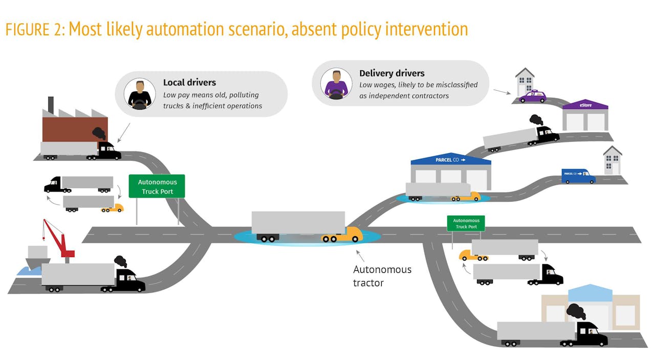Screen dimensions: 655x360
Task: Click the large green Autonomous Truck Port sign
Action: pyautogui.click(x=157, y=186)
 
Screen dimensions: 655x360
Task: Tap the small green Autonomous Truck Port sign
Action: pyautogui.click(x=466, y=223)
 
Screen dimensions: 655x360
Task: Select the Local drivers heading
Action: pyautogui.click(x=189, y=82)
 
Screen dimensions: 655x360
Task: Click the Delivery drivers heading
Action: pyautogui.click(x=392, y=73)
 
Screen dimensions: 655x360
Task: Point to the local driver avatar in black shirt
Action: pyautogui.click(x=140, y=94)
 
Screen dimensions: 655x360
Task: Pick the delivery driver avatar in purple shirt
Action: pyautogui.click(x=336, y=83)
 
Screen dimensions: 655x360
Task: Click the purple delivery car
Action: pyautogui.click(x=533, y=96)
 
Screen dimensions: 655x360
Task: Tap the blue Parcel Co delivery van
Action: pyautogui.click(x=578, y=176)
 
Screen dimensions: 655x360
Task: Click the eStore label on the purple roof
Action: pyautogui.click(x=585, y=105)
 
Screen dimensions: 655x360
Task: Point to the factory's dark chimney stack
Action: pyautogui.click(x=51, y=105)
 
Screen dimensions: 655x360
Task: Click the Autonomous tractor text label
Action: pyautogui.click(x=382, y=276)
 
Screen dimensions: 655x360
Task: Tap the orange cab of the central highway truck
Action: pyautogui.click(x=343, y=235)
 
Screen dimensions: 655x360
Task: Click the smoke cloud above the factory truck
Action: pyautogui.click(x=99, y=133)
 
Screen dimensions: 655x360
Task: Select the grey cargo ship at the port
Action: pyautogui.click(x=37, y=257)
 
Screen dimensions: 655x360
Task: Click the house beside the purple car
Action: pyautogui.click(x=525, y=82)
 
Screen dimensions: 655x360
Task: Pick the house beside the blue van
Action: pyautogui.click(x=613, y=160)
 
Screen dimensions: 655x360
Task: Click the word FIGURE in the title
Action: pyautogui.click(x=28, y=30)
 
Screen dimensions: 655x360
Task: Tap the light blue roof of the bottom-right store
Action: pyautogui.click(x=590, y=293)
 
